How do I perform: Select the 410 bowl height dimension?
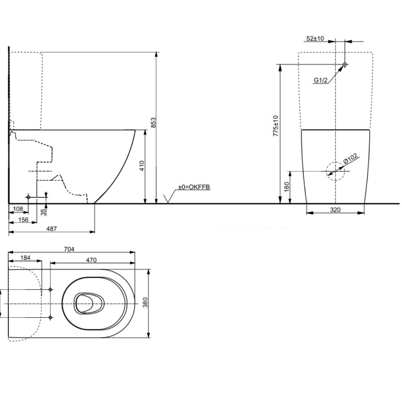(142, 166)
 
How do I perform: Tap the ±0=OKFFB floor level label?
(194, 187)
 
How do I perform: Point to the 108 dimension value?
(18, 209)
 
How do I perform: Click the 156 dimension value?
(23, 220)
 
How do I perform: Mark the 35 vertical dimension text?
(43, 212)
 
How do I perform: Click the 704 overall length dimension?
(70, 249)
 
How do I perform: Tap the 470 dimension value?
(91, 260)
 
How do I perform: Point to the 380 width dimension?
(146, 302)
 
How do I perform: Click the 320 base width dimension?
(335, 210)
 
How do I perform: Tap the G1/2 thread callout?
(320, 80)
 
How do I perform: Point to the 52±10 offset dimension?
(315, 38)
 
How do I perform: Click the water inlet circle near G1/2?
(345, 65)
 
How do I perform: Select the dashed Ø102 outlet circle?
(335, 171)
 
